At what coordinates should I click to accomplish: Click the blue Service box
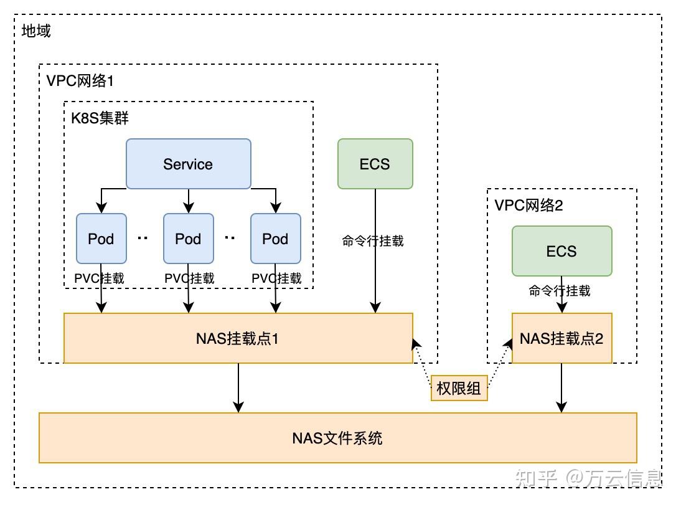(188, 164)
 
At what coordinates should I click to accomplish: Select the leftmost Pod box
(101, 239)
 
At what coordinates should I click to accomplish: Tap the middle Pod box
(188, 239)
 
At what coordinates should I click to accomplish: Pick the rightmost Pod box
(275, 239)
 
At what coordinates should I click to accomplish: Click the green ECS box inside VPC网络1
(375, 164)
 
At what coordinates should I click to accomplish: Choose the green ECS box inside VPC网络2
(561, 251)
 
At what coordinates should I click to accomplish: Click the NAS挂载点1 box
(238, 338)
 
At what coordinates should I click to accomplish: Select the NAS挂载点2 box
(561, 338)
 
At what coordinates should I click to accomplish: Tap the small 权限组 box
(459, 389)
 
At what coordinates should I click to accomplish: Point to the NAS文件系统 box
(337, 438)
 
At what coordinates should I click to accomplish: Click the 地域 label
(36, 31)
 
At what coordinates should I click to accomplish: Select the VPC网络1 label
(80, 80)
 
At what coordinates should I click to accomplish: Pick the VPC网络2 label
(528, 205)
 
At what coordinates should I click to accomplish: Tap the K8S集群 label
(100, 118)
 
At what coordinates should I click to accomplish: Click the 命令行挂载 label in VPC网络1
(373, 241)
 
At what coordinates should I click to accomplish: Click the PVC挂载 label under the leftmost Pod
(100, 278)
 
